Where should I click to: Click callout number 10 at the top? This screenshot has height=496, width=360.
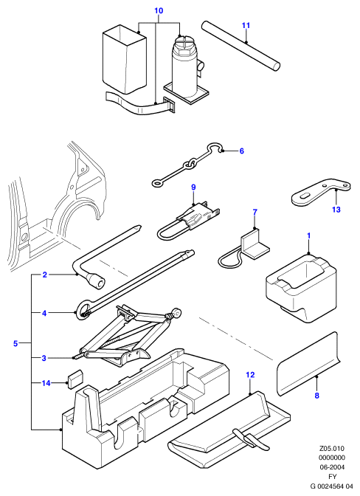[x=159, y=11]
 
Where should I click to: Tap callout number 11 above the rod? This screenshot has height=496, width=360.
[x=246, y=25]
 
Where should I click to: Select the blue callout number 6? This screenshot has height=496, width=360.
[x=242, y=151]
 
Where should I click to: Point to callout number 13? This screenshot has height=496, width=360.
[x=336, y=210]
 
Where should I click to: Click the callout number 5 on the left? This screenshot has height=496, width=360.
[x=16, y=343]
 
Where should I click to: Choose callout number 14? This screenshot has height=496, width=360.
[x=46, y=383]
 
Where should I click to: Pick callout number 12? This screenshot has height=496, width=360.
[x=250, y=375]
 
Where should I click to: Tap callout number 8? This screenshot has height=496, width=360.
[x=317, y=396]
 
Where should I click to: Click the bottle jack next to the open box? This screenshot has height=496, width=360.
[x=186, y=69]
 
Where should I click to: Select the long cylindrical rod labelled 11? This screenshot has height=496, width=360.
[x=240, y=46]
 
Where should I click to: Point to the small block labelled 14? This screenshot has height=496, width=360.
[x=75, y=379]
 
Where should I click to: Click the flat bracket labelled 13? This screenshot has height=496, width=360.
[x=319, y=193]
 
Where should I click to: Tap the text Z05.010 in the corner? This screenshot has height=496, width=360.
[x=331, y=449]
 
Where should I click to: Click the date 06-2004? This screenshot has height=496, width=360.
[x=331, y=467]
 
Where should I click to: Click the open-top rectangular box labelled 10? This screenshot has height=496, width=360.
[x=124, y=59]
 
